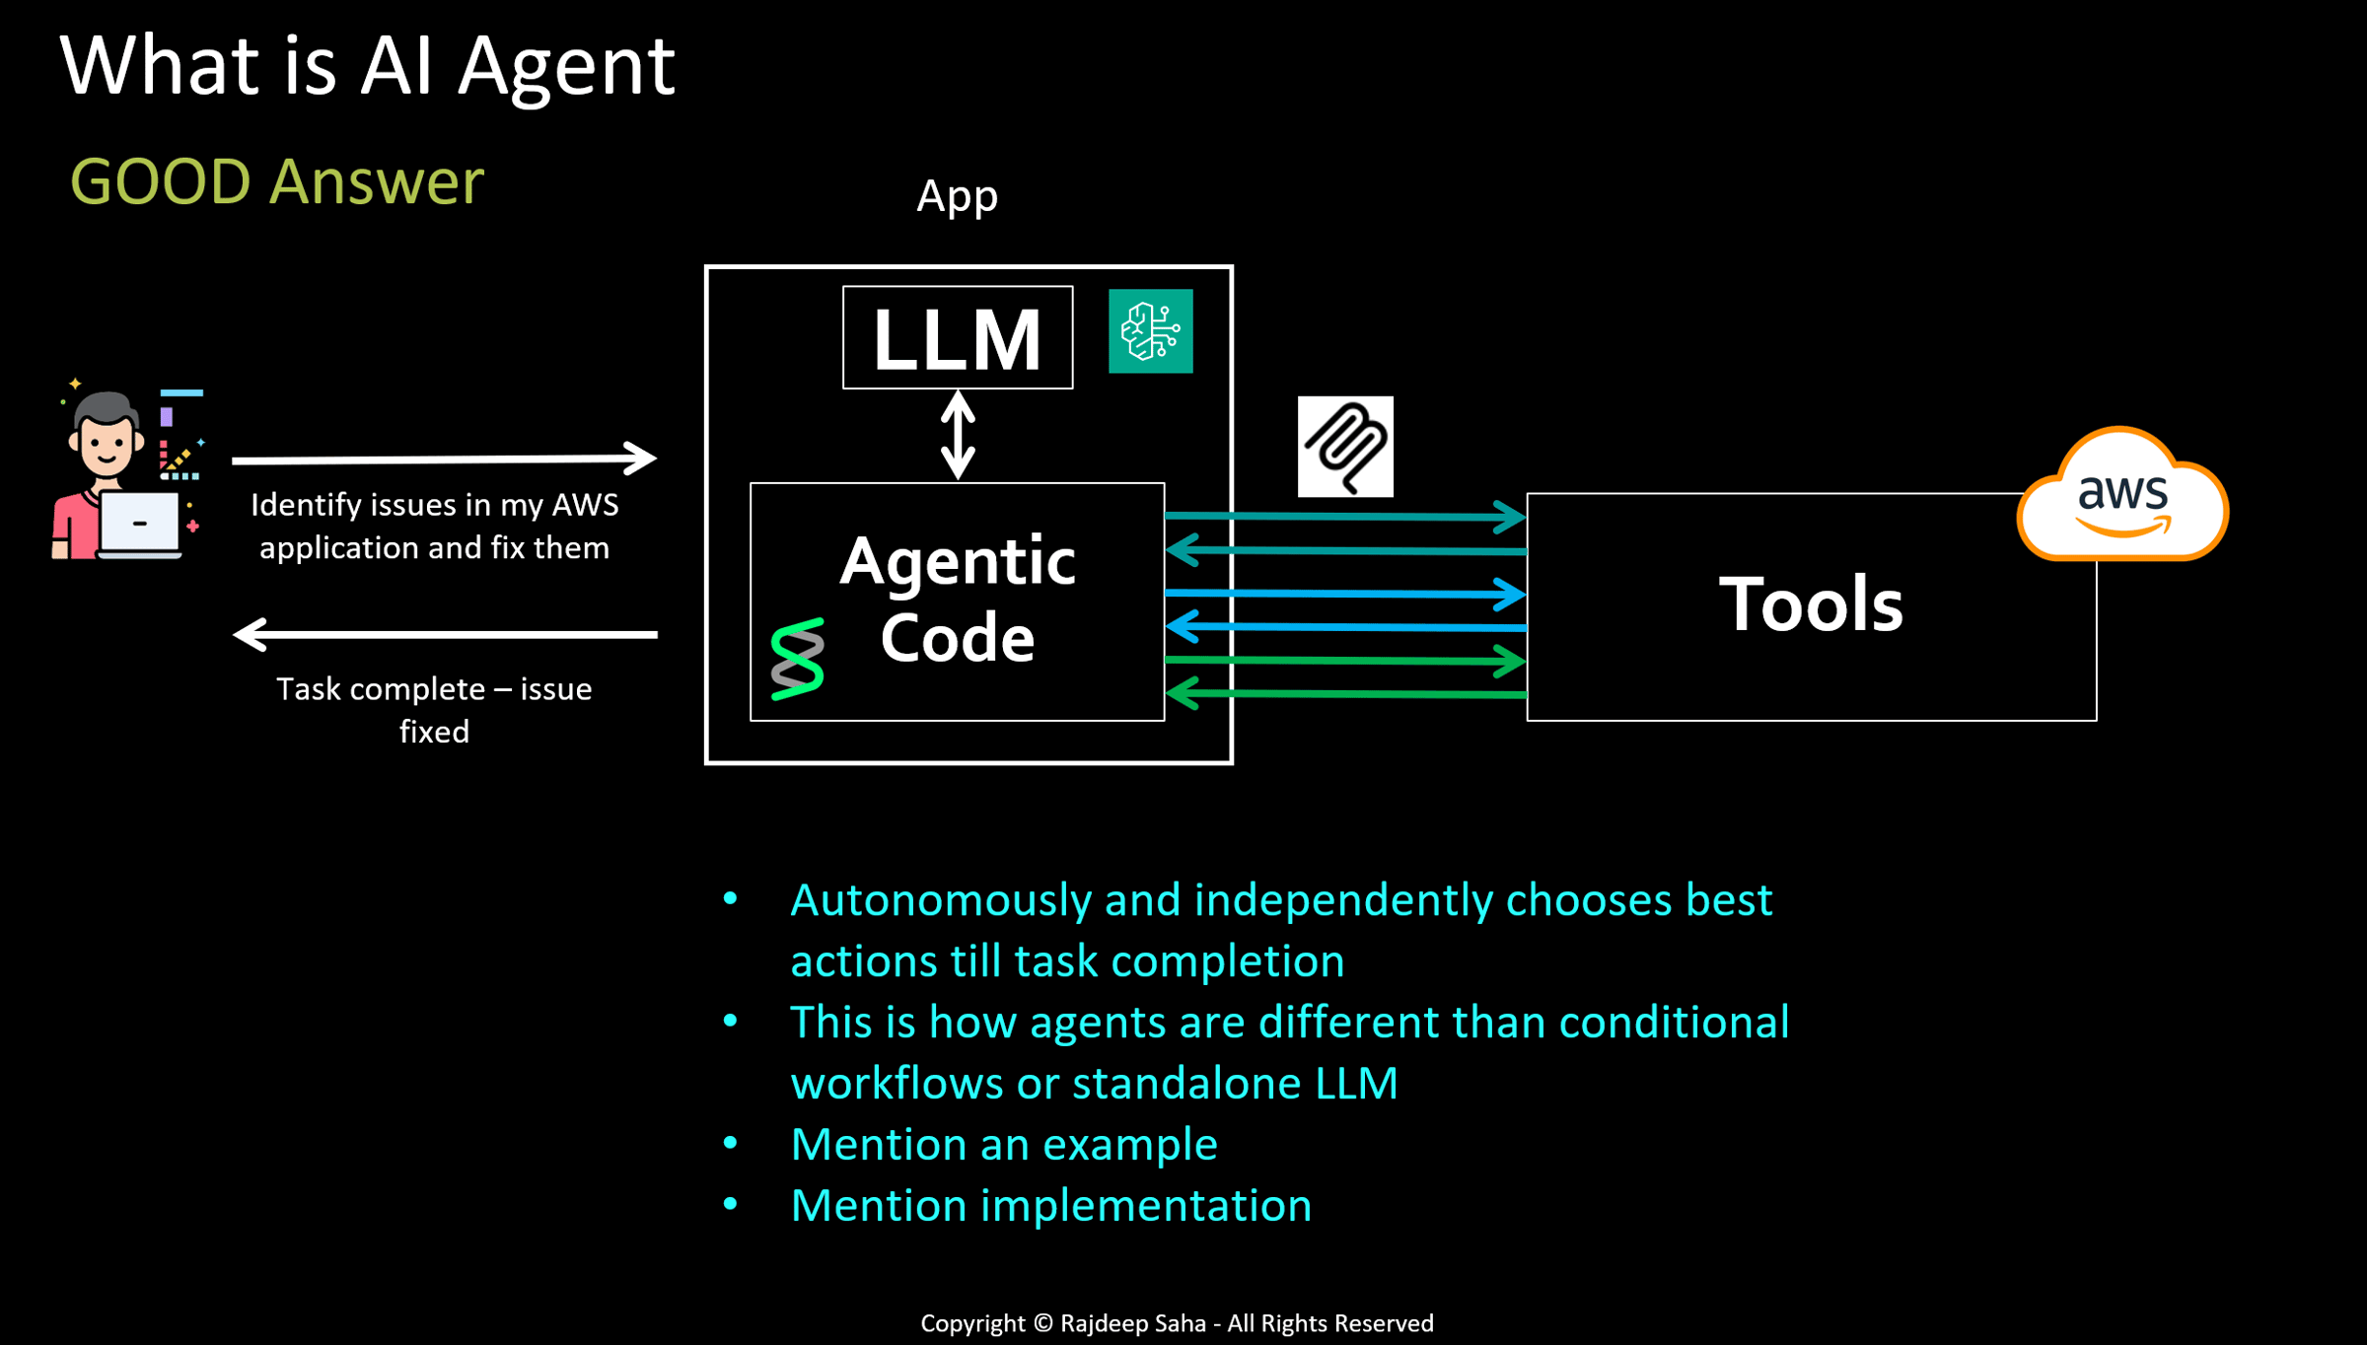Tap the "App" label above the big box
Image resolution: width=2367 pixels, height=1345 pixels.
957,196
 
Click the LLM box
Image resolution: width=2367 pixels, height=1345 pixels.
957,338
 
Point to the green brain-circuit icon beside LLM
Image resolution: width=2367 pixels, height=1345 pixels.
1150,331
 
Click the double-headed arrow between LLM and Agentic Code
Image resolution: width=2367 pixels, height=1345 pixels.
958,435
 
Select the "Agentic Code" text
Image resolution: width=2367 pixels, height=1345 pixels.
957,600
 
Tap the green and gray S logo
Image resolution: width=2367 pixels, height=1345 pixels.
797,660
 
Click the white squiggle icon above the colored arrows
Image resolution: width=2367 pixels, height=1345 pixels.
1345,447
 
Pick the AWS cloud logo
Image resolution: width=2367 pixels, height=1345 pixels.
2122,496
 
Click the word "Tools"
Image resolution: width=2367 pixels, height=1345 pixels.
1811,603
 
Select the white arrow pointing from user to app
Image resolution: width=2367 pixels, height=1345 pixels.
444,459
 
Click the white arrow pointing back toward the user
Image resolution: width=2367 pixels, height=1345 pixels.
444,634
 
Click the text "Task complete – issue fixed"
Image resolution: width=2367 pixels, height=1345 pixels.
434,710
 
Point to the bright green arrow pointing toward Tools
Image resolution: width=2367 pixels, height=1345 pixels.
1345,661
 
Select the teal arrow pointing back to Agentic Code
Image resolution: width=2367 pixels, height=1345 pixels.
1345,550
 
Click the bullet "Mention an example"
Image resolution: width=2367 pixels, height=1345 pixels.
1004,1145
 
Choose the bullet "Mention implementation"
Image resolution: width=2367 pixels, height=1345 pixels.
1050,1206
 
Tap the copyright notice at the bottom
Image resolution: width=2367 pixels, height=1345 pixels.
1177,1323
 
